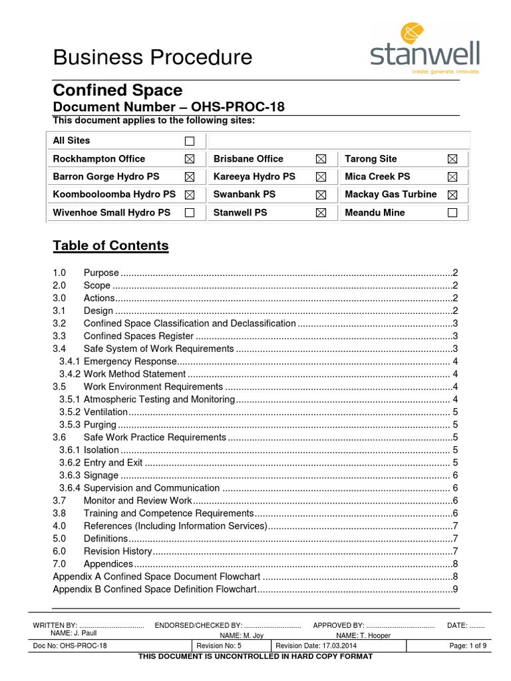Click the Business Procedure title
[x=152, y=57]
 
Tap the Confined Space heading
[x=117, y=90]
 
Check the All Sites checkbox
[x=190, y=141]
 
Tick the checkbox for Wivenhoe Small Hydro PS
[x=190, y=213]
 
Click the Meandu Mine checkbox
[x=452, y=213]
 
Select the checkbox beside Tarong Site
[x=452, y=159]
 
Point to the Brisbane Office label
[x=248, y=159]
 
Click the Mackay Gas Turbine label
[x=391, y=194]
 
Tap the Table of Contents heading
[x=110, y=245]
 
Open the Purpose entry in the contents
[x=101, y=273]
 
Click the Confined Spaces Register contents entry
[x=138, y=336]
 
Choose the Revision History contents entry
[x=118, y=551]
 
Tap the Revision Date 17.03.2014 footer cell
[x=316, y=646]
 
